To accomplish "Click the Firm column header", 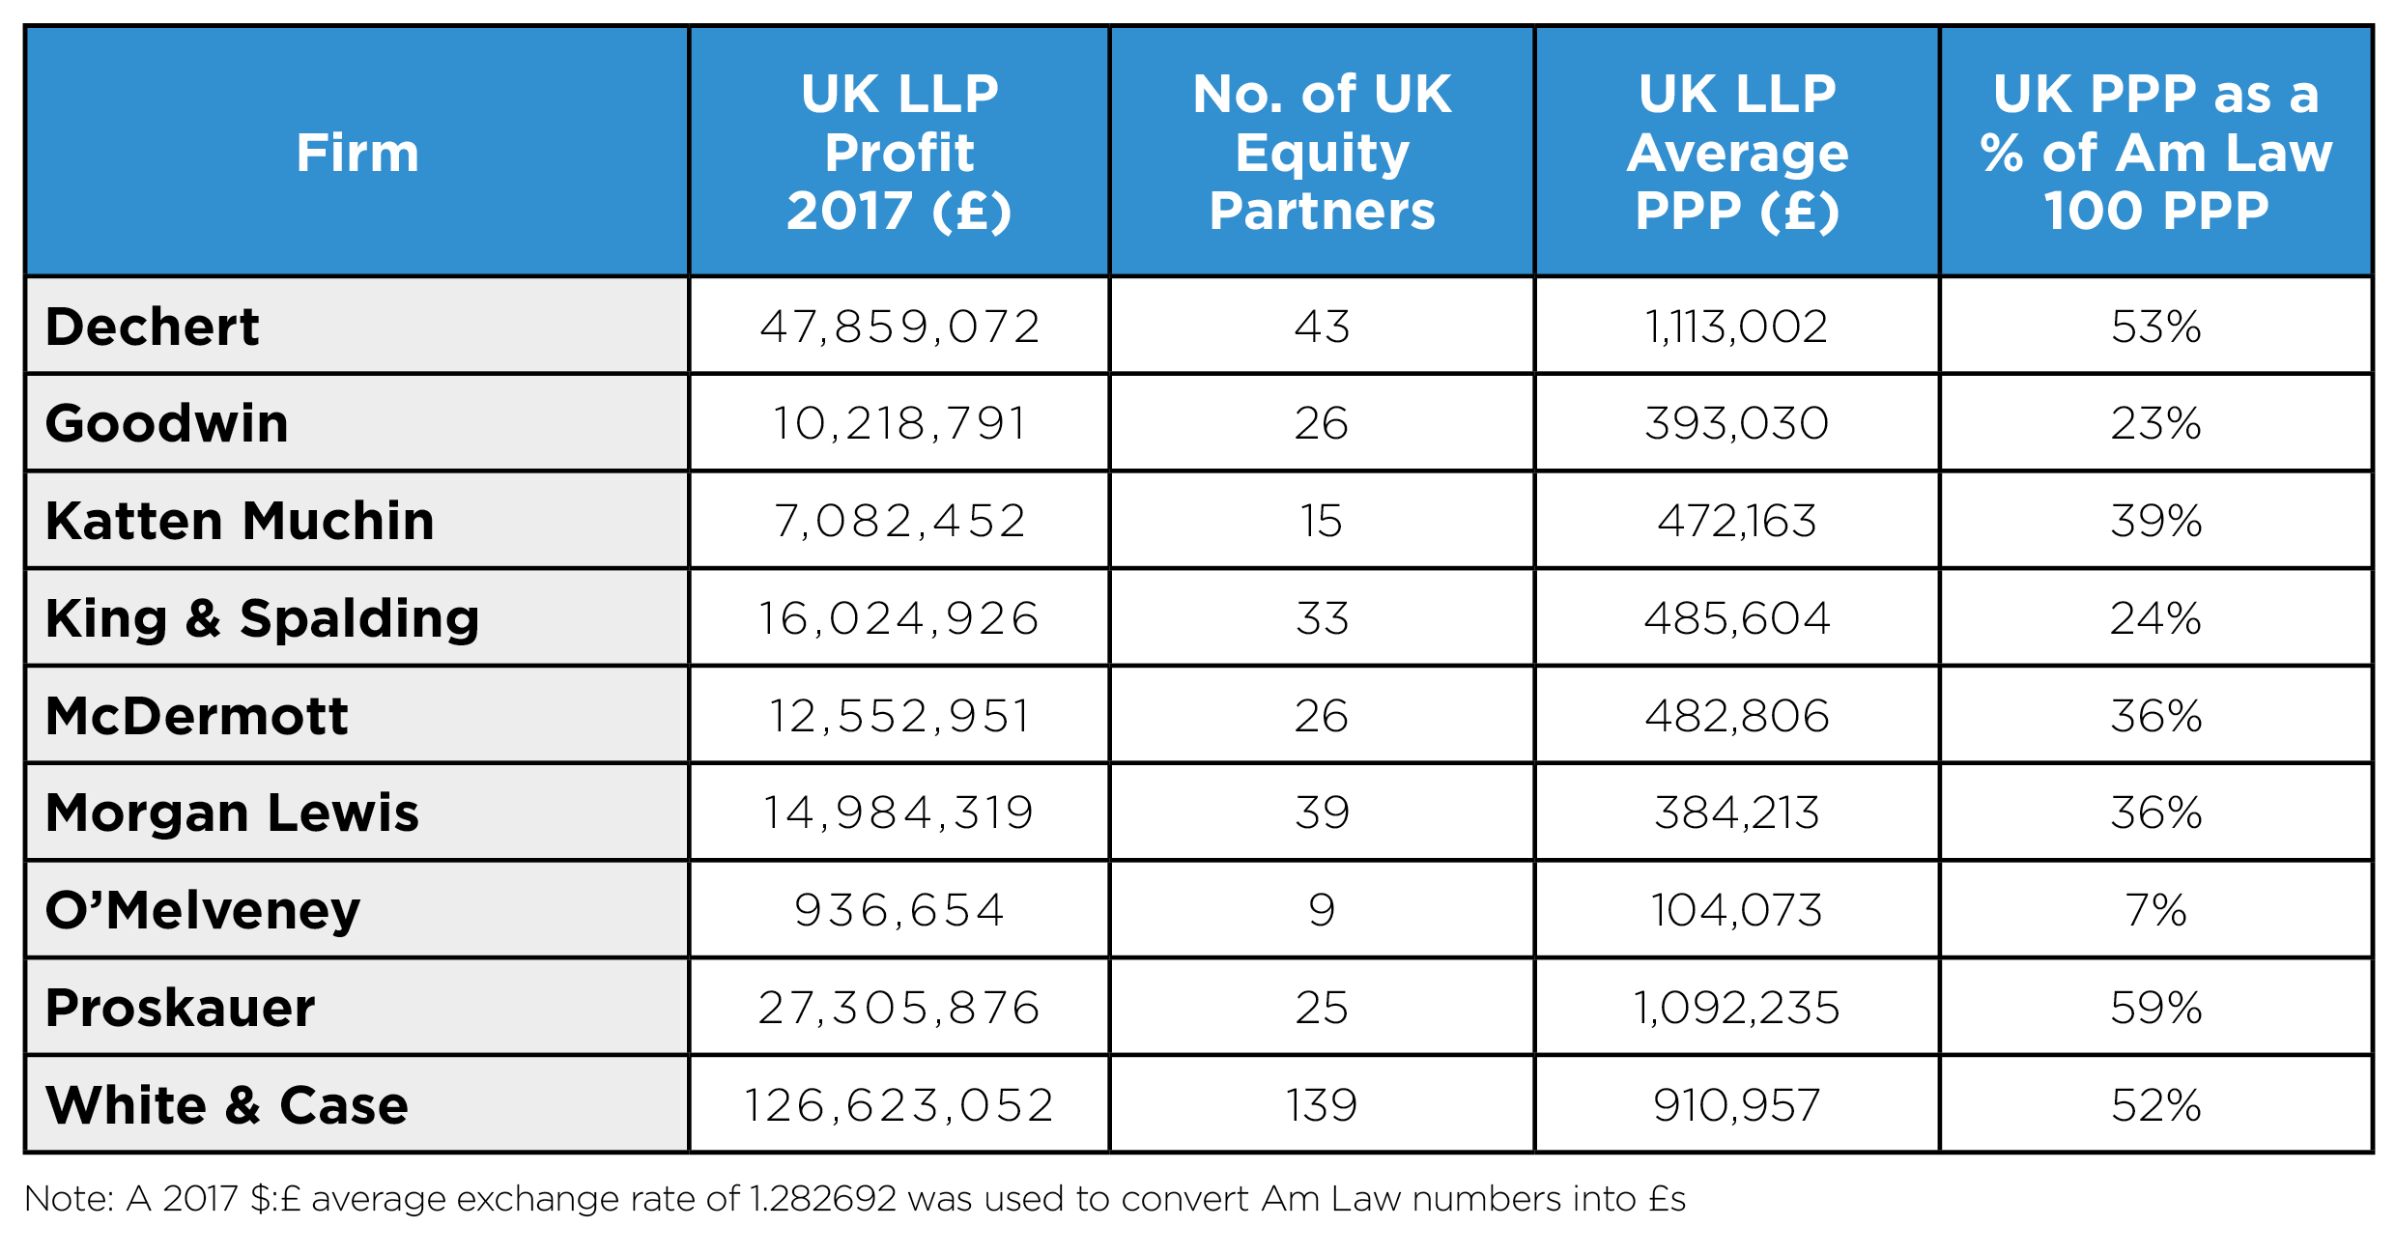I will pos(357,153).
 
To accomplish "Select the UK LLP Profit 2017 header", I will pos(898,153).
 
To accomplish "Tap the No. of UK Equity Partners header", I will pos(1322,153).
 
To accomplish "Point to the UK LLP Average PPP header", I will pos(1736,153).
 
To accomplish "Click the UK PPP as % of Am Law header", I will pos(2155,153).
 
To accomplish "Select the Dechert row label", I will pos(153,327).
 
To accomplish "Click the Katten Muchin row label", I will pos(240,521).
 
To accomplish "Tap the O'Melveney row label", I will pos(203,910).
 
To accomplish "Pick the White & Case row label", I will pos(227,1104).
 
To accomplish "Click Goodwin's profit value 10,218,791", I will pos(898,423).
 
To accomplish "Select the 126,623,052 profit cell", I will pos(898,1104).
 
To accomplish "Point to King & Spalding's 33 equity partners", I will pos(1322,618).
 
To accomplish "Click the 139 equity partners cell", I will pos(1322,1104).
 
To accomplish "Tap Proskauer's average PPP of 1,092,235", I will pos(1736,1008).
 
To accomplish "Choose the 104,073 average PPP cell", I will pos(1736,910).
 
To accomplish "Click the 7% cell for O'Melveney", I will pos(2155,910).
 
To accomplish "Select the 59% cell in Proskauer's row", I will pos(2155,1008).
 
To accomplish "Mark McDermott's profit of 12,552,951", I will pos(898,716).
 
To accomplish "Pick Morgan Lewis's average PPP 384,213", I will pos(1736,813).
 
